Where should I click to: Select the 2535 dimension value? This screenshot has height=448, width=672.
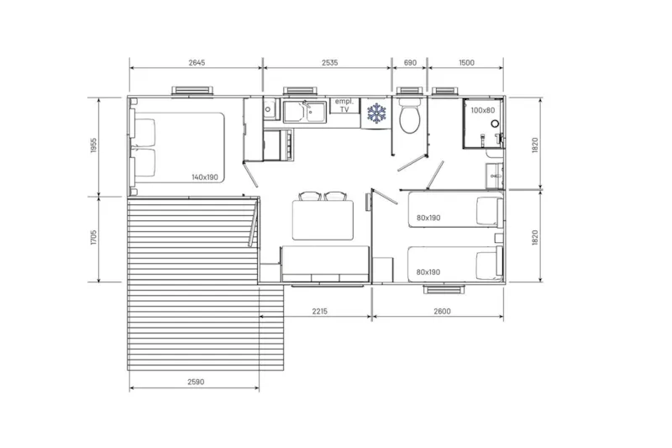[328, 62]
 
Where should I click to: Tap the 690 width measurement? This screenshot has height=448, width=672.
[411, 62]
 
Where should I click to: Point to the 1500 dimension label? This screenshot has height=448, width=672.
[466, 62]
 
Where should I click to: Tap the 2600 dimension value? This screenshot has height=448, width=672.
[442, 312]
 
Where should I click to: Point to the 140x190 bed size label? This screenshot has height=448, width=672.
[204, 177]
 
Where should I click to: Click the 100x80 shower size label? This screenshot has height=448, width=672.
[482, 110]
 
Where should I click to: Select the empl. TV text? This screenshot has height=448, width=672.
[343, 105]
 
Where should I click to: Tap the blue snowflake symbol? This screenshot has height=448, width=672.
[375, 113]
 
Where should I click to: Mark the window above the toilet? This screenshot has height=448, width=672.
[411, 91]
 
